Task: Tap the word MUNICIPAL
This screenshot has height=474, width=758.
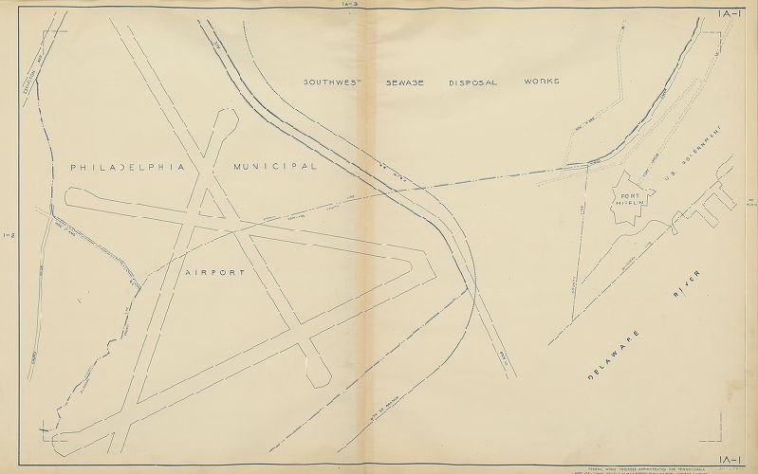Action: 274,166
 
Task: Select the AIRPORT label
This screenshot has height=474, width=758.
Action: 215,272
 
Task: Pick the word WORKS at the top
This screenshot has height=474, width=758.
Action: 541,82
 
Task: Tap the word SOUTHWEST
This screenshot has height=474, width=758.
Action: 326,82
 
